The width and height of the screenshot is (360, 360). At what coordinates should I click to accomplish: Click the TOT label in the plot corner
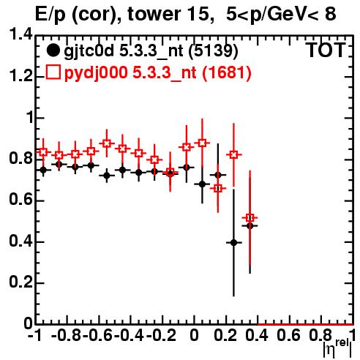point(326,50)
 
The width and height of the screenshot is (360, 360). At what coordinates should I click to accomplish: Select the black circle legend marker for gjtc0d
point(53,50)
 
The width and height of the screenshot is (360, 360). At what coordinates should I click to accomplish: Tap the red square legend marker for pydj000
point(53,72)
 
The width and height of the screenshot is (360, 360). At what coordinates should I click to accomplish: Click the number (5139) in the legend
point(213,50)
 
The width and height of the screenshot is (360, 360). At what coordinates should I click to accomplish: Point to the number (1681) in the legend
point(227,72)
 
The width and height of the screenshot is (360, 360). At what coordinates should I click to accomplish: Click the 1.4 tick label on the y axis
point(20,34)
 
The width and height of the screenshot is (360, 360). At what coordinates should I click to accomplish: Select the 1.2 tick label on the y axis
point(20,76)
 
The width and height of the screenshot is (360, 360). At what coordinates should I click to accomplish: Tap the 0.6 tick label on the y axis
point(20,200)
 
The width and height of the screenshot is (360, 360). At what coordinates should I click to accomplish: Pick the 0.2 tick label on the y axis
point(20,282)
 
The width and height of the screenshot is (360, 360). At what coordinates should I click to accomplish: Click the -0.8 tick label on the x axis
point(67,336)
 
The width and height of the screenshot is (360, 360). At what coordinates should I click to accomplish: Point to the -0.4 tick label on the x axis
point(130,336)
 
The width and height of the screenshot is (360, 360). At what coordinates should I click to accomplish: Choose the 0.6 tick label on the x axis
point(288,336)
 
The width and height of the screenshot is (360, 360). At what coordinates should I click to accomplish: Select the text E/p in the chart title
point(50,15)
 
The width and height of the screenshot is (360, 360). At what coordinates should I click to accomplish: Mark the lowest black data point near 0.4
point(234,243)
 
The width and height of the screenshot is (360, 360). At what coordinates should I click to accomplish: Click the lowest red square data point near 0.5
point(250,217)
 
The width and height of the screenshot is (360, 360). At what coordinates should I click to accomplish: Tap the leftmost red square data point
point(43,152)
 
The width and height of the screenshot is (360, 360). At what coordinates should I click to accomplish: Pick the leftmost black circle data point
point(43,170)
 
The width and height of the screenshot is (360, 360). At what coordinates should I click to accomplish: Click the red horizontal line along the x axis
point(305,324)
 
